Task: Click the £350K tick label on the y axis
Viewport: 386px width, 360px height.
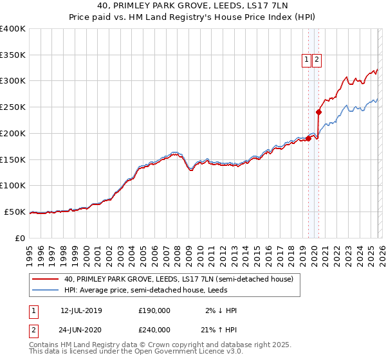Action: click(x=13, y=55)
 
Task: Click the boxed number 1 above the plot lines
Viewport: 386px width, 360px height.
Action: click(x=307, y=60)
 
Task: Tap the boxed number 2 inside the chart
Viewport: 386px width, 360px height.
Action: click(x=317, y=60)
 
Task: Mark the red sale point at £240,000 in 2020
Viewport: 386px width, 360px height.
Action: click(x=318, y=112)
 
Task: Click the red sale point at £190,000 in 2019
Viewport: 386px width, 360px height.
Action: click(x=308, y=138)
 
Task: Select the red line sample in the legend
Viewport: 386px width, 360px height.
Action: click(x=46, y=279)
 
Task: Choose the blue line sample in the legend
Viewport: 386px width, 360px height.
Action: click(x=46, y=290)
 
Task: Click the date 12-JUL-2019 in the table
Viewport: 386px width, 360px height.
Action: click(x=81, y=310)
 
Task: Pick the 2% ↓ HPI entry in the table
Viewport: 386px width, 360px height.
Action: click(x=222, y=310)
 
